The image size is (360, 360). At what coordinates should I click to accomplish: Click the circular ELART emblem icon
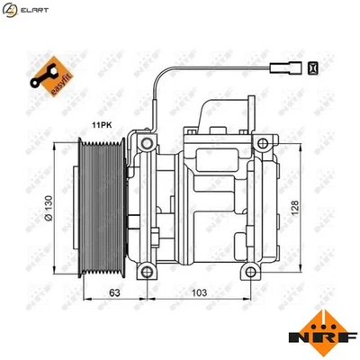11,10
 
